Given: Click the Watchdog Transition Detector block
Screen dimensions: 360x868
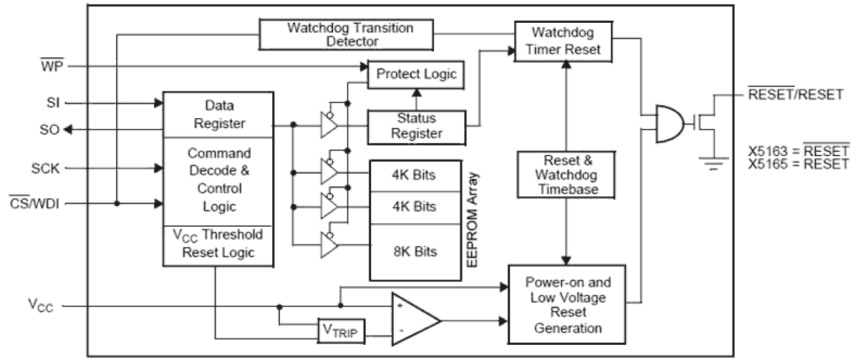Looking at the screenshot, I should coord(351,35).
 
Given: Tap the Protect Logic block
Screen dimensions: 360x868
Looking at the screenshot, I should coord(415,75).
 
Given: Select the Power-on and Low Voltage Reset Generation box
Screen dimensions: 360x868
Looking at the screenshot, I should coord(566,304).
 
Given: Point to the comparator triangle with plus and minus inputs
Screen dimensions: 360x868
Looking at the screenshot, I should coord(413,320).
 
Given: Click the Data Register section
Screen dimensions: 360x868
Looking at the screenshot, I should coord(218,115).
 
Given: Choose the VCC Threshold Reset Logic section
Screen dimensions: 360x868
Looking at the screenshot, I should coord(218,245).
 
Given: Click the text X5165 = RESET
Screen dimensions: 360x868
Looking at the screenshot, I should coord(798,164).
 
